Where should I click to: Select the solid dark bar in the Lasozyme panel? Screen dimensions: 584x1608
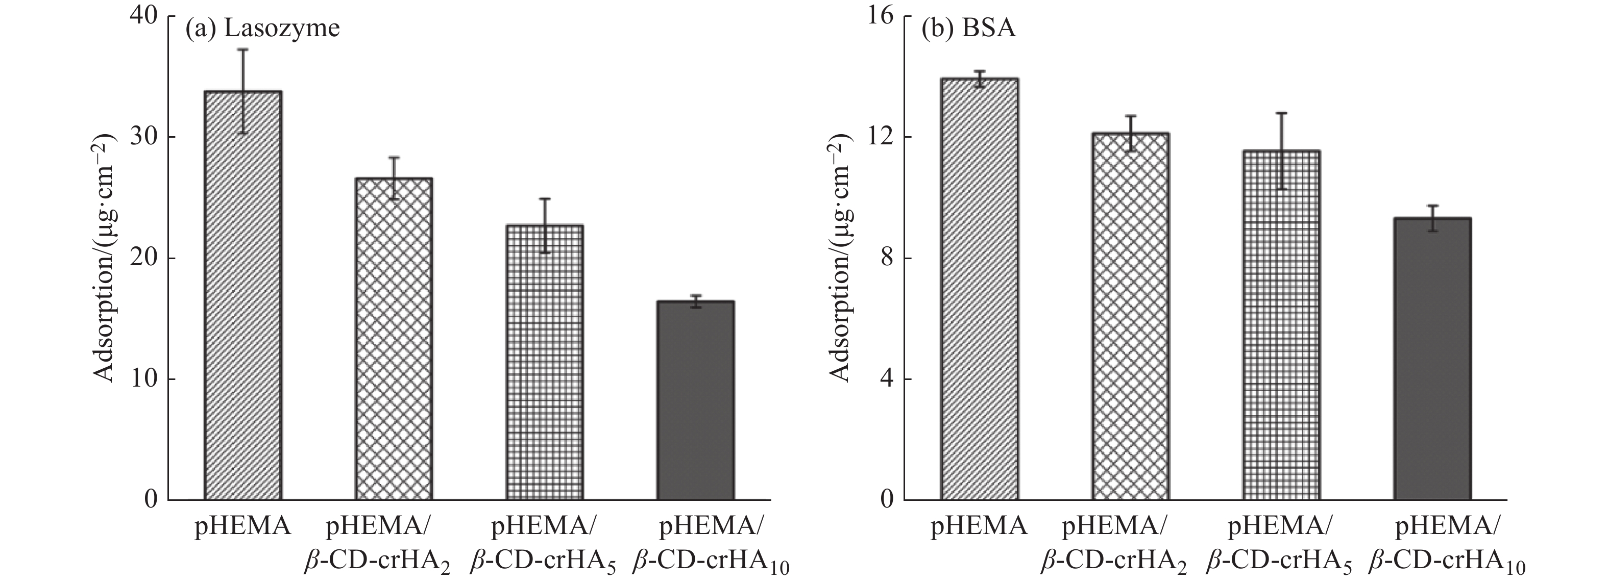point(695,399)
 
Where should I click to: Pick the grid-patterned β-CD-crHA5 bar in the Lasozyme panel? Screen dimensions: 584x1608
point(544,362)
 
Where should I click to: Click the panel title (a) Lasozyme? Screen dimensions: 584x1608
point(262,29)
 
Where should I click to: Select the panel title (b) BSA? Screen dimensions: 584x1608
point(969,29)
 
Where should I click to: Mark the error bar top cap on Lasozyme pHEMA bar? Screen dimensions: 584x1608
point(243,49)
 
